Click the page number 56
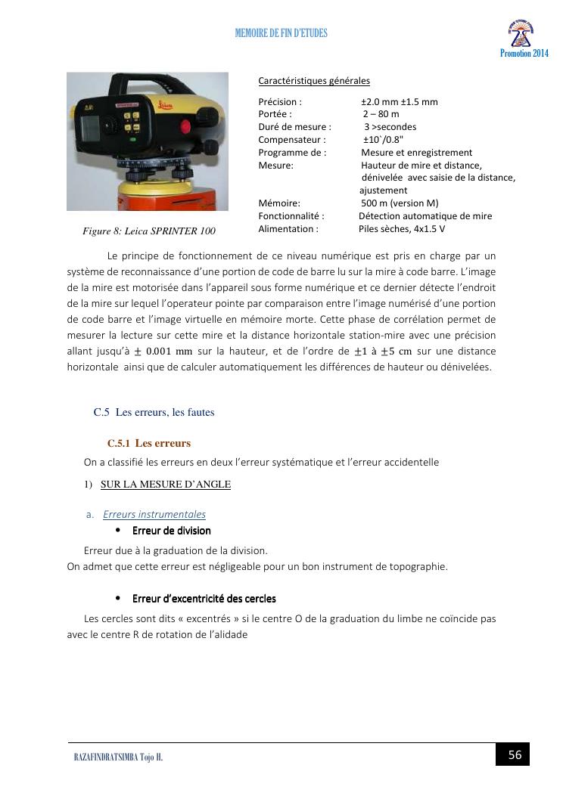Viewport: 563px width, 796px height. tap(515, 754)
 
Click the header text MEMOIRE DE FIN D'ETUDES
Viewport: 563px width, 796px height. tap(281, 34)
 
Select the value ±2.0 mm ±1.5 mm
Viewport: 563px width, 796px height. tap(400, 102)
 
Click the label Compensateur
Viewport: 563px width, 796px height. tap(292, 140)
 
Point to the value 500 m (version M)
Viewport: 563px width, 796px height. tap(400, 203)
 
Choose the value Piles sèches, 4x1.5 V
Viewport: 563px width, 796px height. tap(402, 228)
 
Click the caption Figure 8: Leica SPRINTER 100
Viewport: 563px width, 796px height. tap(149, 231)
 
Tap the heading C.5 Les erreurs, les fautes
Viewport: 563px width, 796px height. tap(154, 412)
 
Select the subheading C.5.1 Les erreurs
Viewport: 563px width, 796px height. tap(149, 443)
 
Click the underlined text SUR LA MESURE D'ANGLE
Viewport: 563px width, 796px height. tap(166, 485)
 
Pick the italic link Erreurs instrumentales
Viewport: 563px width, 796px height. tap(154, 515)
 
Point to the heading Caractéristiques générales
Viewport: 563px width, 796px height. tap(314, 81)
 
